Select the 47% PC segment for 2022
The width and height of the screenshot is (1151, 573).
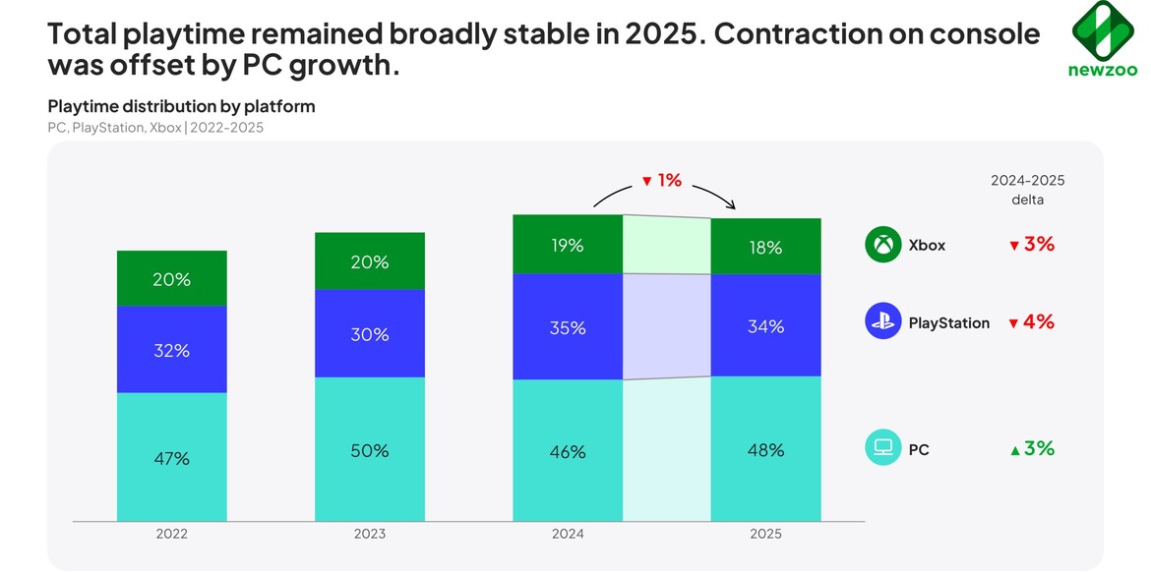click(171, 458)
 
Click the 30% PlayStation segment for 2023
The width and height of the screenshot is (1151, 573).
click(370, 334)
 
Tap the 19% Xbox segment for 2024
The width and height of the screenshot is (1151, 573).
click(568, 245)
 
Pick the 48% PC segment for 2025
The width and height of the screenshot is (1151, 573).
click(765, 450)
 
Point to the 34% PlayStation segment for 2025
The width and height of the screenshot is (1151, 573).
click(765, 326)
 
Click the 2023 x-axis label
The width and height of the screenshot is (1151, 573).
click(370, 534)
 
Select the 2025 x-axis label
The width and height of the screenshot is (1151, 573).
click(765, 534)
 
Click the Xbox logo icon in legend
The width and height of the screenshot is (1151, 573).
click(882, 245)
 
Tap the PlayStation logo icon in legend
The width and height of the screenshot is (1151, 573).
click(882, 321)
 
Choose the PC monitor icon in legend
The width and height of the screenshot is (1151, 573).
click(882, 448)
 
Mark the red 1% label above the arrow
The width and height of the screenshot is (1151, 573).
click(662, 181)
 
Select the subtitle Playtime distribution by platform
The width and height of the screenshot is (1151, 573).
click(181, 106)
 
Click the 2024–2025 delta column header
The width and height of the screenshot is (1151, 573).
click(1027, 190)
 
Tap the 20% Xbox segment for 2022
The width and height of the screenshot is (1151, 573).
click(171, 279)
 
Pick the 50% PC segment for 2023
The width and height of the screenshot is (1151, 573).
click(370, 450)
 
